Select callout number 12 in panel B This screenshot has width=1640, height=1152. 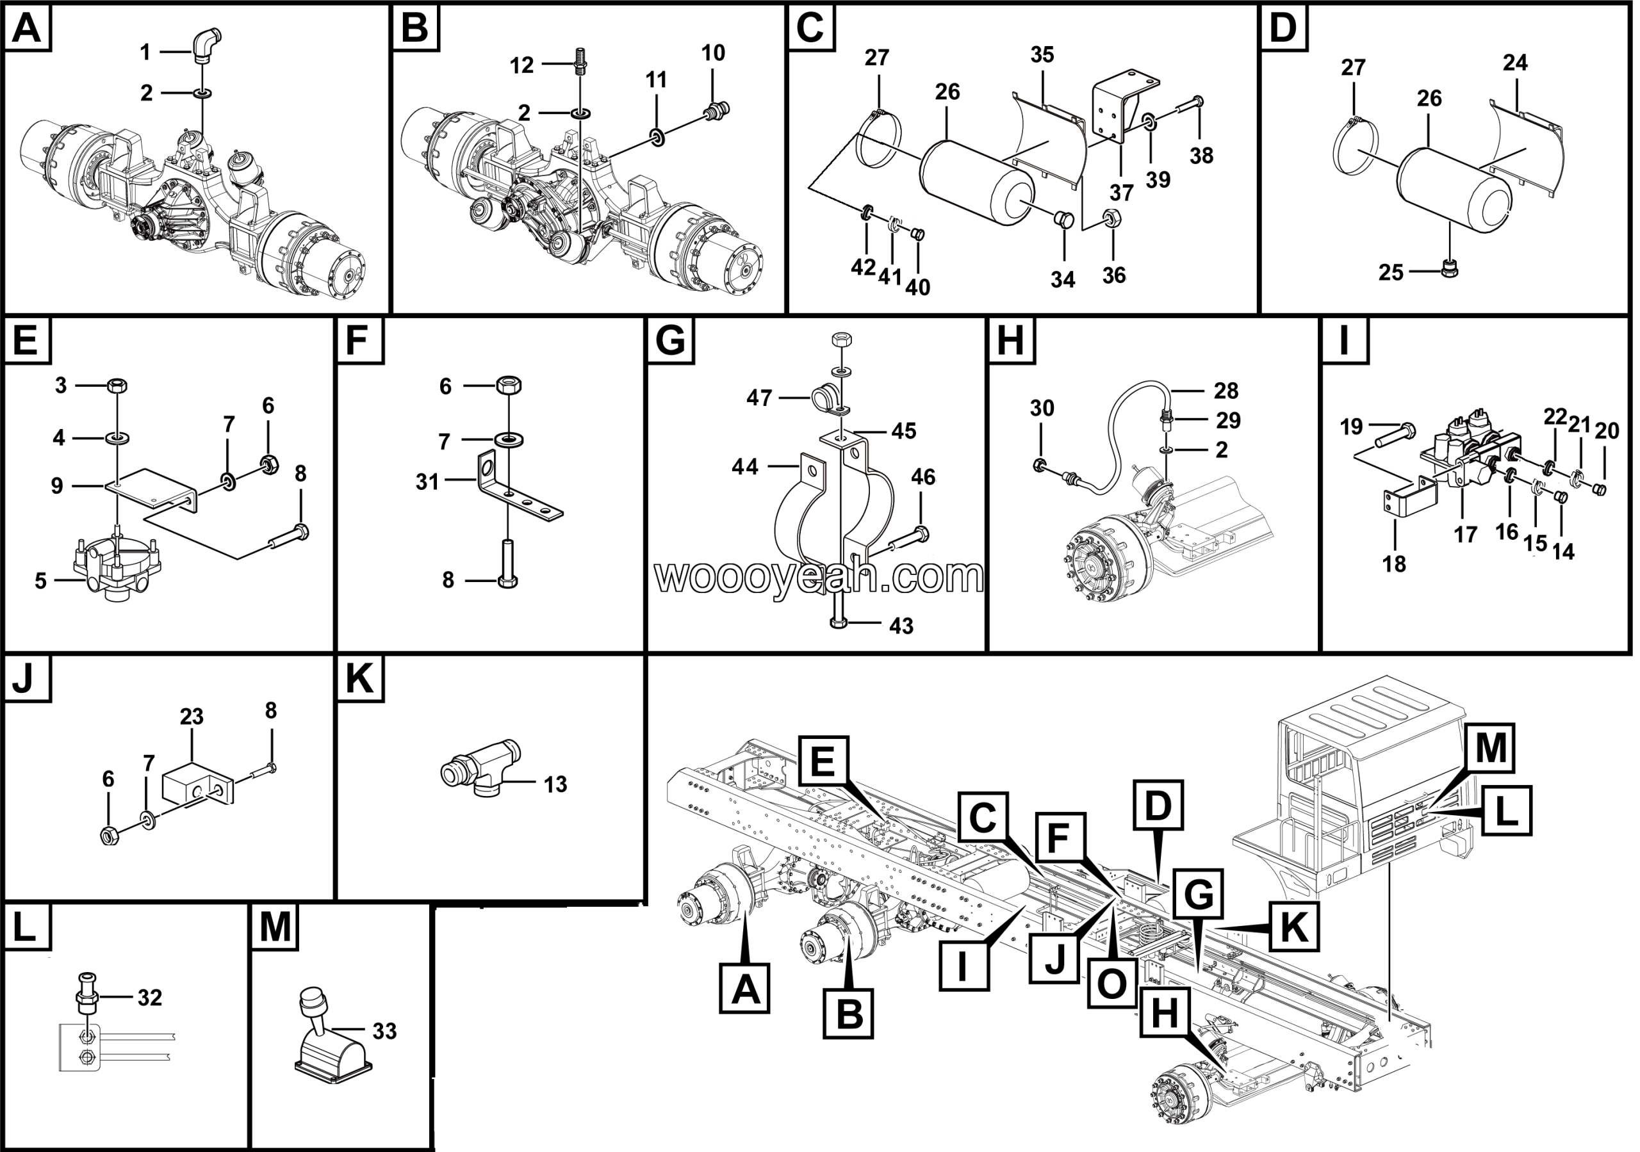point(522,65)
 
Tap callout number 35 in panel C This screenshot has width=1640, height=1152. point(1042,55)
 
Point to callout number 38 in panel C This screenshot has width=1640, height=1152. point(1201,155)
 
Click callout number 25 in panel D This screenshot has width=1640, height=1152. point(1391,273)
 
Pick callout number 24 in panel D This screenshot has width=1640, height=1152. point(1515,63)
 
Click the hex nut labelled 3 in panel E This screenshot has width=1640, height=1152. point(117,385)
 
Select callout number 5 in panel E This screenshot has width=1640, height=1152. point(41,581)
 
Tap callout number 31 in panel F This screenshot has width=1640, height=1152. point(427,482)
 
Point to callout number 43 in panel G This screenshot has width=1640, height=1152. point(901,626)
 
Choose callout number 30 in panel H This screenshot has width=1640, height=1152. point(1042,409)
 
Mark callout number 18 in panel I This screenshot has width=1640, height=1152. point(1393,564)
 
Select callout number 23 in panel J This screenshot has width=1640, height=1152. point(192,717)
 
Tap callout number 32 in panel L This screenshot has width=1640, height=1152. point(150,998)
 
